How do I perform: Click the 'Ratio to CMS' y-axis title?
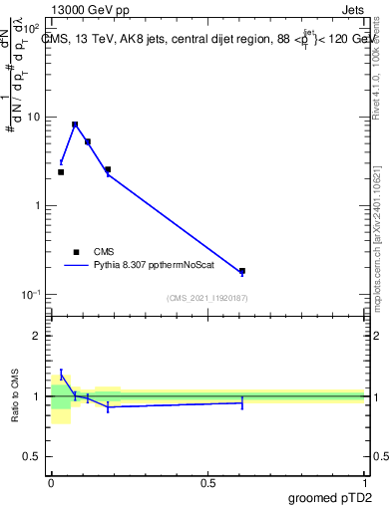[x=16, y=396]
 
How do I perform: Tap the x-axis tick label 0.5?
[x=207, y=482]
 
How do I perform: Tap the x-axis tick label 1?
[x=364, y=482]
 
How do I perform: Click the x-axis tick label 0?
[x=51, y=482]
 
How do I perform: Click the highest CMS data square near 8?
[x=75, y=125]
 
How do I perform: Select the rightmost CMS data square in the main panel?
[x=242, y=271]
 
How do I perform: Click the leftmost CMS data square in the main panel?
[x=61, y=172]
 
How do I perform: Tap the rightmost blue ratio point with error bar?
[x=242, y=402]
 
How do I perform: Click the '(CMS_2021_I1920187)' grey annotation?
[x=206, y=298]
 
